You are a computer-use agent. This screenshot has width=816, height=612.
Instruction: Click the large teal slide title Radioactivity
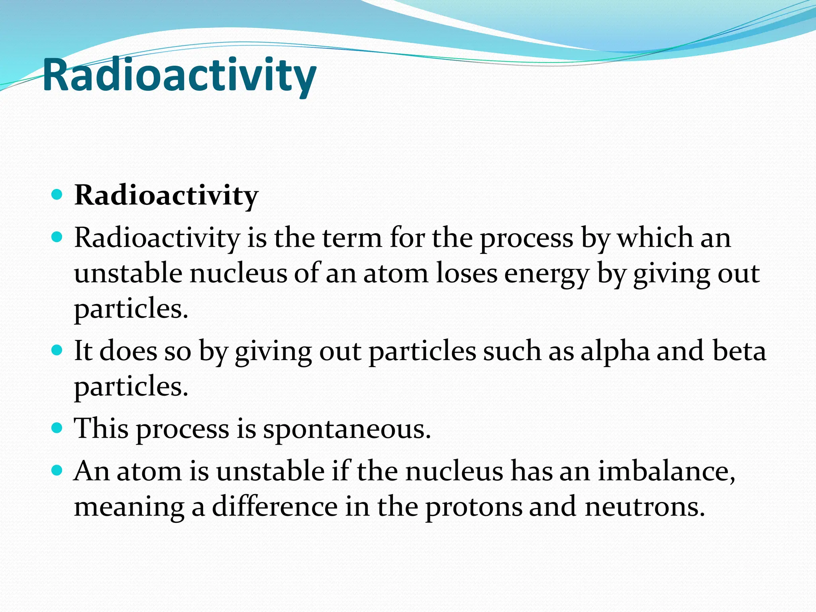179,76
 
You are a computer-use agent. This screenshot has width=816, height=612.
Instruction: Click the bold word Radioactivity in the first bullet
166,196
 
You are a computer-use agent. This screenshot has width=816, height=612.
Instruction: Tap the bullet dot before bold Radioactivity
57,195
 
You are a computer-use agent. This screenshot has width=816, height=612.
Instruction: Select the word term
352,238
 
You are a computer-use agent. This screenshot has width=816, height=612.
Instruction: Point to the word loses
467,274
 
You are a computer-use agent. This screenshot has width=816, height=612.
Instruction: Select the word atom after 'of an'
395,274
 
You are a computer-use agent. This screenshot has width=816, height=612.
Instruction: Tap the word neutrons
644,507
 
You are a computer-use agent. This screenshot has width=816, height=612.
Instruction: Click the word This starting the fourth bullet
102,429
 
